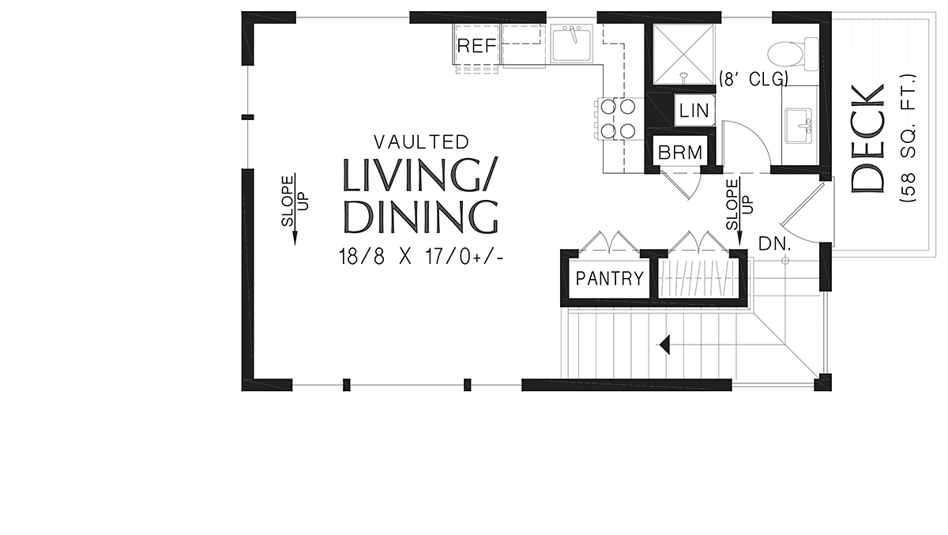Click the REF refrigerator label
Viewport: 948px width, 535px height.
(477, 45)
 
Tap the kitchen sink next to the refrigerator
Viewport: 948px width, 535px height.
(572, 43)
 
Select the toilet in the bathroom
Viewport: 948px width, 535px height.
(793, 55)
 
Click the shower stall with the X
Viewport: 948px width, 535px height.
(684, 55)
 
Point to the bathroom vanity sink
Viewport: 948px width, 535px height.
(799, 126)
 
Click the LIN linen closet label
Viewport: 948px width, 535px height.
(694, 111)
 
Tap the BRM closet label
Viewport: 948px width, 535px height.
(680, 153)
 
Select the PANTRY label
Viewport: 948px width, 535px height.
(610, 278)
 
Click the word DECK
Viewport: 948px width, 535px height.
(867, 138)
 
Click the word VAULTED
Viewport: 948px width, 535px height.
(422, 142)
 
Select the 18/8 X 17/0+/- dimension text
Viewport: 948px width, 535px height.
(421, 257)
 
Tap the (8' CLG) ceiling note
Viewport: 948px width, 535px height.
(754, 79)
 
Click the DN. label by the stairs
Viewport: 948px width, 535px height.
(775, 243)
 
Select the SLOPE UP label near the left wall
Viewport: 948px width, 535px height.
(295, 201)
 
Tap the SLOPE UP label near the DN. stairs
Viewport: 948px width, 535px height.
(739, 205)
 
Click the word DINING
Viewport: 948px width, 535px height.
(420, 217)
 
